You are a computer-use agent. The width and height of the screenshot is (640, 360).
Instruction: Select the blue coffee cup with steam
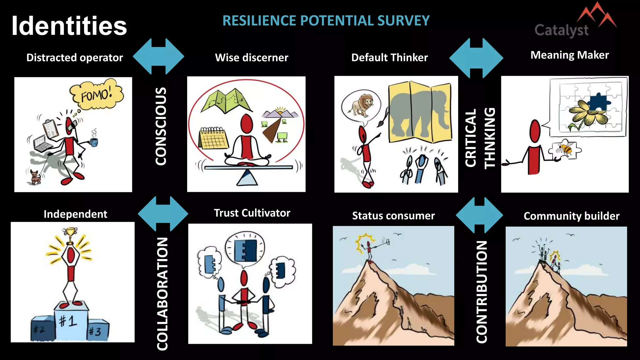click(x=94, y=142)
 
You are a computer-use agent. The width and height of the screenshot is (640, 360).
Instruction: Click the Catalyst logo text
click(x=562, y=30)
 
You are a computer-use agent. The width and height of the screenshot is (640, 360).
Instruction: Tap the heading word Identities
click(x=69, y=26)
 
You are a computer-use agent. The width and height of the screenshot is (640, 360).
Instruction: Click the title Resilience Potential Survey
click(x=326, y=21)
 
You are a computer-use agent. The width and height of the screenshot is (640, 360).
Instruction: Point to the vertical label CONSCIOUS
click(x=161, y=126)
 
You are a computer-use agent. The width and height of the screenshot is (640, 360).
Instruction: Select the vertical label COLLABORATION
click(x=162, y=294)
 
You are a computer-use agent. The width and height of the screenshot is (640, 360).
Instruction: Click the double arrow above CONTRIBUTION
click(x=479, y=215)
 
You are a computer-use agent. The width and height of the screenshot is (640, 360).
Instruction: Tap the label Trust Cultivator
click(x=252, y=213)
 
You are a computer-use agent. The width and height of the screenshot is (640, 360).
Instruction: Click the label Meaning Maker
click(x=569, y=55)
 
